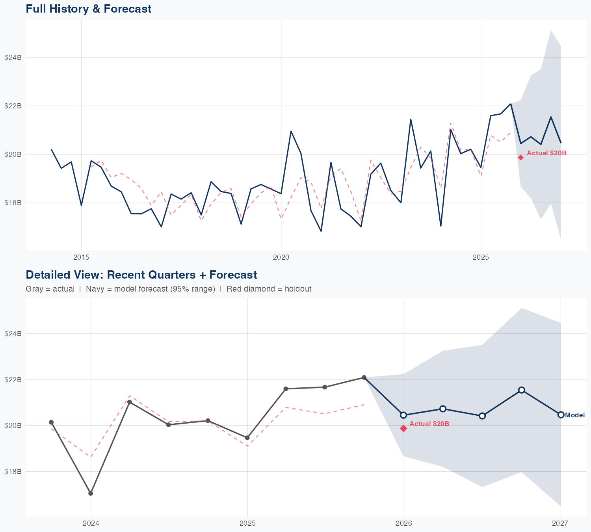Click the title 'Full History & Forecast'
click(88, 9)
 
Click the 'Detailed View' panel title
click(141, 275)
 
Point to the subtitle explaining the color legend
click(168, 289)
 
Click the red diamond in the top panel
click(520, 157)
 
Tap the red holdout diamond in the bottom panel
click(403, 428)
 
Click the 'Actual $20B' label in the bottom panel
click(429, 424)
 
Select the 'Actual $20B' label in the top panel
click(546, 153)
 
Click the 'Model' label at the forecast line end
click(575, 415)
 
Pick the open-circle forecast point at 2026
click(403, 415)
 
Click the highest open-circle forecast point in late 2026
click(521, 390)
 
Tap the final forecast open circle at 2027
click(561, 415)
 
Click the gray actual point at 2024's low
click(91, 493)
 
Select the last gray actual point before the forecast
click(364, 378)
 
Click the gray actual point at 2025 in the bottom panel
click(247, 437)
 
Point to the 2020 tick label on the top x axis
click(281, 257)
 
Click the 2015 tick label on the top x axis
click(81, 257)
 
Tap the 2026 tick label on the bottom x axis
click(403, 523)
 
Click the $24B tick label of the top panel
click(13, 58)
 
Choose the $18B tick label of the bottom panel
click(13, 471)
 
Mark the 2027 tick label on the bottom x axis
click(560, 523)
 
